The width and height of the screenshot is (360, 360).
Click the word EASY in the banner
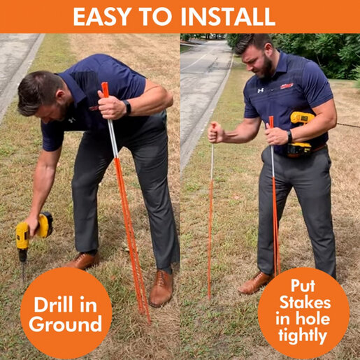tap(101, 17)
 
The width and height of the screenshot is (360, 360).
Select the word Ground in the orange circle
tap(66, 324)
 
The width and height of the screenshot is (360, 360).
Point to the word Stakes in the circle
tap(305, 303)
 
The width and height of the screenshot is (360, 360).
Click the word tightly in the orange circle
tap(303, 336)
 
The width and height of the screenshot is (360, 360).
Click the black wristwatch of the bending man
tap(127, 107)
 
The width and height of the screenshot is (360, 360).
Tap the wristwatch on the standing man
tap(289, 136)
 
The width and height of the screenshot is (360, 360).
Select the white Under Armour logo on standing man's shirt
tap(261, 90)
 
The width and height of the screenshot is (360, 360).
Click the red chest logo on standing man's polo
tap(287, 86)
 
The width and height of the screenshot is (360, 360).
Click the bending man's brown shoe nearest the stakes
tap(161, 288)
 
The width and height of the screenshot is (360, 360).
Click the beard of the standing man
tap(267, 68)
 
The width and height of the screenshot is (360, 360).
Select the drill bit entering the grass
tap(23, 271)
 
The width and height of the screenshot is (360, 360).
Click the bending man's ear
tap(61, 95)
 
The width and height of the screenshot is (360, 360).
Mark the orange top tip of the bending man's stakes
tap(104, 83)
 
